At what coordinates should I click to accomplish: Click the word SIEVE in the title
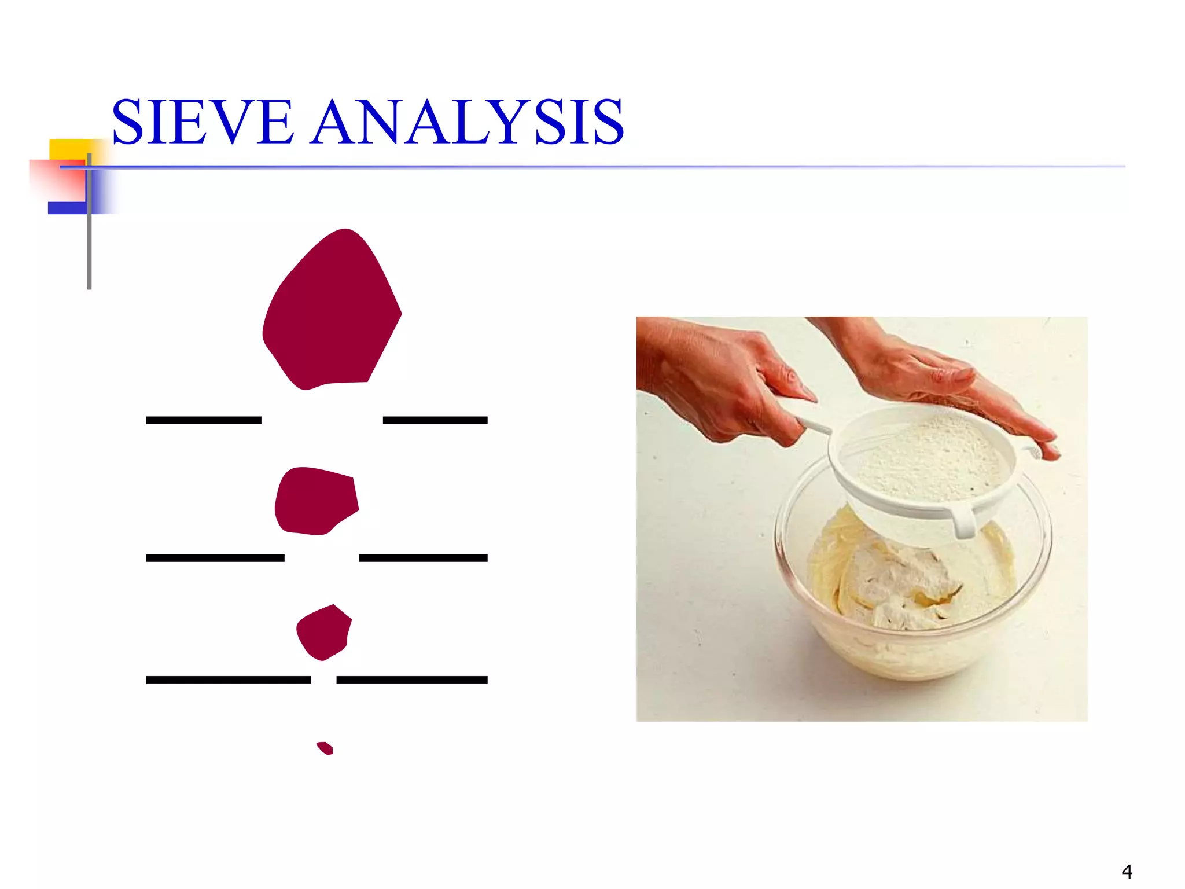pos(203,122)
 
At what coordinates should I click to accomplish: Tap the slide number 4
pos(1127,872)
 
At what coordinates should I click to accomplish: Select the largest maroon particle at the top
pos(331,313)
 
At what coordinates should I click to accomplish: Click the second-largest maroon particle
pos(316,501)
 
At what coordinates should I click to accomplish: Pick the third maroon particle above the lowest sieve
pos(324,633)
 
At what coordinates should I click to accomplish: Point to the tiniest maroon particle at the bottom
pos(325,748)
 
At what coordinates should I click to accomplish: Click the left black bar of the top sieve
pos(204,420)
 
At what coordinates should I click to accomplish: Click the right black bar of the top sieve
pos(435,420)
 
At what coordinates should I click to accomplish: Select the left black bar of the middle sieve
pos(215,558)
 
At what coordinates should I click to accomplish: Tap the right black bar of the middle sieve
pos(423,558)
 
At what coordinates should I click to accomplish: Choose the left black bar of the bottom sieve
pos(228,679)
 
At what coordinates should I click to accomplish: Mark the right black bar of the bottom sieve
pos(411,679)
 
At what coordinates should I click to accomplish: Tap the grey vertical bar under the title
pos(89,243)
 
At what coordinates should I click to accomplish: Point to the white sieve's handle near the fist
pos(816,427)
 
